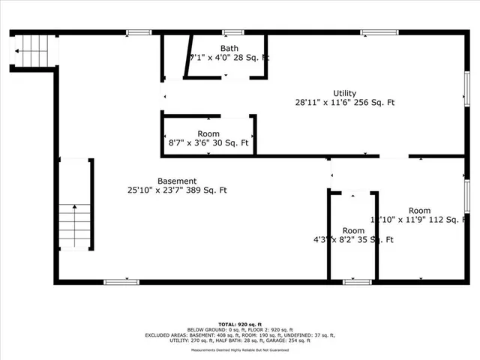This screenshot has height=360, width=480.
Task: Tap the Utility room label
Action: pos(345,94)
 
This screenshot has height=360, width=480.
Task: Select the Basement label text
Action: pos(177,181)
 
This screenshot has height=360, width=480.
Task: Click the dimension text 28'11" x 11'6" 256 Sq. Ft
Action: pos(345,103)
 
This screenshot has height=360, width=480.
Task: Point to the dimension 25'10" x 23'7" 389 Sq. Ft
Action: pos(177,190)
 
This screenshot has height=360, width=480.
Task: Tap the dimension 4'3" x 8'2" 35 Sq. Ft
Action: pos(354,240)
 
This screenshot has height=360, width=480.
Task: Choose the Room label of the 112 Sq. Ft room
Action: pos(420,210)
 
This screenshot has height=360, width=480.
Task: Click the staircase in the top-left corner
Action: pos(33,50)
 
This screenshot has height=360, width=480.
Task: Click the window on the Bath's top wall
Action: pos(233,32)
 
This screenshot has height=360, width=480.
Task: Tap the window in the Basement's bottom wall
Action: pos(121,281)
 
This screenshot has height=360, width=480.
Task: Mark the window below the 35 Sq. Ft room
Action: pos(358,281)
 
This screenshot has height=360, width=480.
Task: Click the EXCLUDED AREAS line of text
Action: pos(240,334)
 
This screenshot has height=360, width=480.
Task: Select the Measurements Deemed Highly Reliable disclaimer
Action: pos(240,349)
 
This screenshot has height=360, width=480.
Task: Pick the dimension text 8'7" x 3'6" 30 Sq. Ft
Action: pos(208,142)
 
